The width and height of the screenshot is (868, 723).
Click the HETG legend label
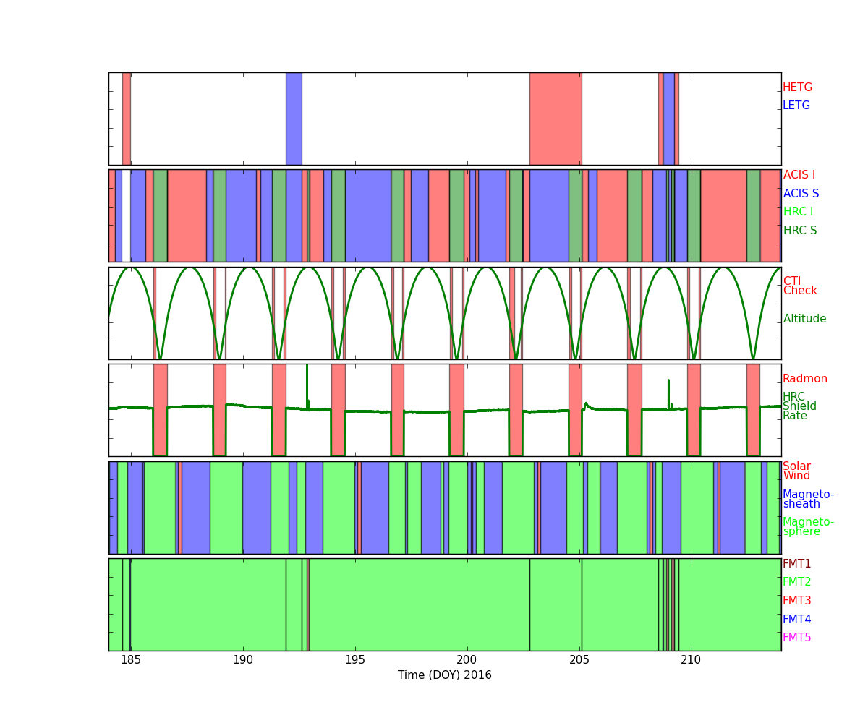[797, 87]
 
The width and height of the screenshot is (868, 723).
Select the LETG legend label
[796, 105]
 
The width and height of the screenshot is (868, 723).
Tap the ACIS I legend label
[799, 174]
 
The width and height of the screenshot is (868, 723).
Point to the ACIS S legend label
[801, 193]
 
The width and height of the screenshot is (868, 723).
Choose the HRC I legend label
[798, 212]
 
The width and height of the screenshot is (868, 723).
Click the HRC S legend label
[800, 230]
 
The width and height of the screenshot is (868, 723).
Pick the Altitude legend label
[804, 319]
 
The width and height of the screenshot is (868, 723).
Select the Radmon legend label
[805, 379]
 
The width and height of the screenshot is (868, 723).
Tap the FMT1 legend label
[797, 563]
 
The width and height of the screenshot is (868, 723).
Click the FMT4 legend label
[797, 619]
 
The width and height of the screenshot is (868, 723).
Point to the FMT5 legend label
[797, 637]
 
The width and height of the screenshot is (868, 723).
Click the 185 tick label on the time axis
[131, 660]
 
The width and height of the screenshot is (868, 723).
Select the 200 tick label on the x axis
[467, 660]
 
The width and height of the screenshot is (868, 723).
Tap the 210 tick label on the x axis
[691, 660]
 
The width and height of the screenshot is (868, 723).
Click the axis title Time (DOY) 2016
[444, 675]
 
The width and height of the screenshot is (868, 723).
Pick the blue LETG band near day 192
[294, 119]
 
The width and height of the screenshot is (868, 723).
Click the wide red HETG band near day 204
[556, 119]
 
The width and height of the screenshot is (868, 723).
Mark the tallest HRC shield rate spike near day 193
[307, 386]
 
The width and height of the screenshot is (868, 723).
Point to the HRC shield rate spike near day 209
[668, 394]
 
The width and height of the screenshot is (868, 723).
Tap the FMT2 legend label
[797, 582]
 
